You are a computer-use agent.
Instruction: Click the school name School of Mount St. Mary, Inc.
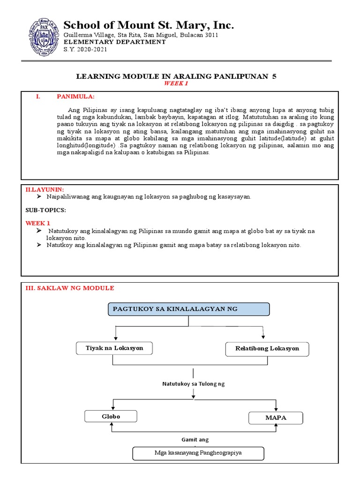(149, 25)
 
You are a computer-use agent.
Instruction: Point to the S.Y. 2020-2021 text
(85, 49)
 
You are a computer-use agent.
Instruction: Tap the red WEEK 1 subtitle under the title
(176, 83)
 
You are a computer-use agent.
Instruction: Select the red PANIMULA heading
(75, 97)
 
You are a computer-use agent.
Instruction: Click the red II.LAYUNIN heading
(45, 189)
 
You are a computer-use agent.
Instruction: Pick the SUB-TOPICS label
(45, 210)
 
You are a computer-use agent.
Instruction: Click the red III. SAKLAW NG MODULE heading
(69, 288)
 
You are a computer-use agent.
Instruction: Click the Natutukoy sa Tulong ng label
(194, 383)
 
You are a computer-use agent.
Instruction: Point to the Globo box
(111, 416)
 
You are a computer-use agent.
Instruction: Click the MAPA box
(276, 418)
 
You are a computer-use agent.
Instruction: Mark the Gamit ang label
(195, 440)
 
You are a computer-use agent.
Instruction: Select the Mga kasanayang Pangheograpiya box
(198, 453)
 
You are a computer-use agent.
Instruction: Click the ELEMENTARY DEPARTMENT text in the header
(115, 42)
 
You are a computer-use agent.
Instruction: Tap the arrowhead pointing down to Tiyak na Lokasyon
(115, 339)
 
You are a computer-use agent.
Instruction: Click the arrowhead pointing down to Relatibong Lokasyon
(264, 339)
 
